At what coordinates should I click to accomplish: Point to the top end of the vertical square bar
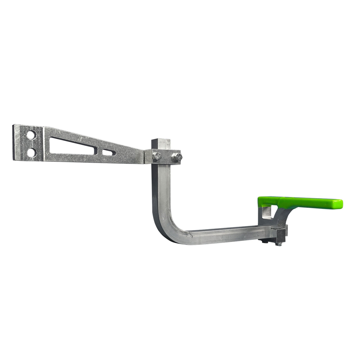pyautogui.click(x=161, y=141)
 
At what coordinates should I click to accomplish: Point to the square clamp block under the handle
pyautogui.click(x=281, y=233)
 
